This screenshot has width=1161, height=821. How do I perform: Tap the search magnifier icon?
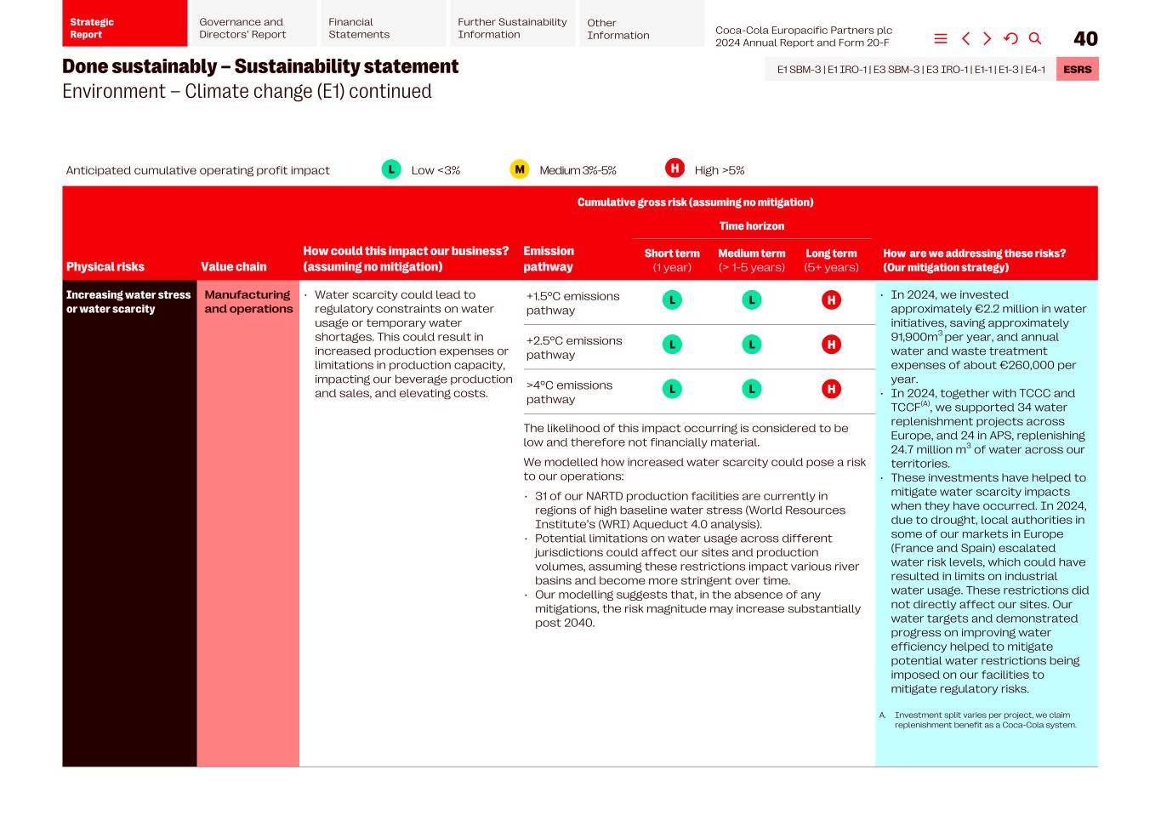(1035, 38)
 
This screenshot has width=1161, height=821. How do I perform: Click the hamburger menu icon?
(941, 38)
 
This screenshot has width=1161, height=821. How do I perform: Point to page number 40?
(1085, 38)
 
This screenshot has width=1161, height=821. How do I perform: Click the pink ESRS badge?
(1077, 69)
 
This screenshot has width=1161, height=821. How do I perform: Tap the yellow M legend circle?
(519, 169)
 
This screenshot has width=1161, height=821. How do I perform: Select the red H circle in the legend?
(674, 168)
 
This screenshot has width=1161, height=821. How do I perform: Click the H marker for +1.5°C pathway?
(831, 300)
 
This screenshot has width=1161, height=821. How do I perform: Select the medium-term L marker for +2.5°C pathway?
(752, 345)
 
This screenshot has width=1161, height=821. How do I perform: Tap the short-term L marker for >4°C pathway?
(672, 389)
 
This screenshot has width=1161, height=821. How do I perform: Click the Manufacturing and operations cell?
(248, 302)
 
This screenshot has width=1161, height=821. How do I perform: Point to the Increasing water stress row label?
(128, 302)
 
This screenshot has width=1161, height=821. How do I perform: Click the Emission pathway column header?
(549, 259)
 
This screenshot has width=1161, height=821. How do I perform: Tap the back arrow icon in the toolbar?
(965, 38)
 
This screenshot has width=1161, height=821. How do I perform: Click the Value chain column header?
(233, 266)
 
